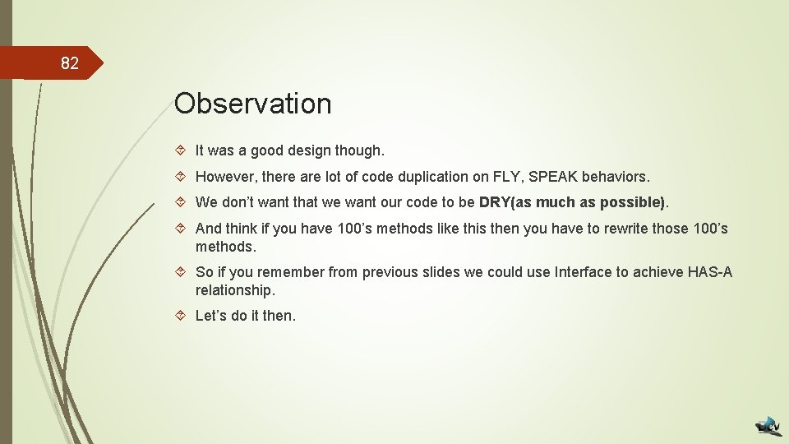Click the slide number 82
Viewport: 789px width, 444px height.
click(x=70, y=63)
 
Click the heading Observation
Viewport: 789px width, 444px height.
click(x=252, y=104)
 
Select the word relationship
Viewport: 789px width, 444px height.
click(x=234, y=290)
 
